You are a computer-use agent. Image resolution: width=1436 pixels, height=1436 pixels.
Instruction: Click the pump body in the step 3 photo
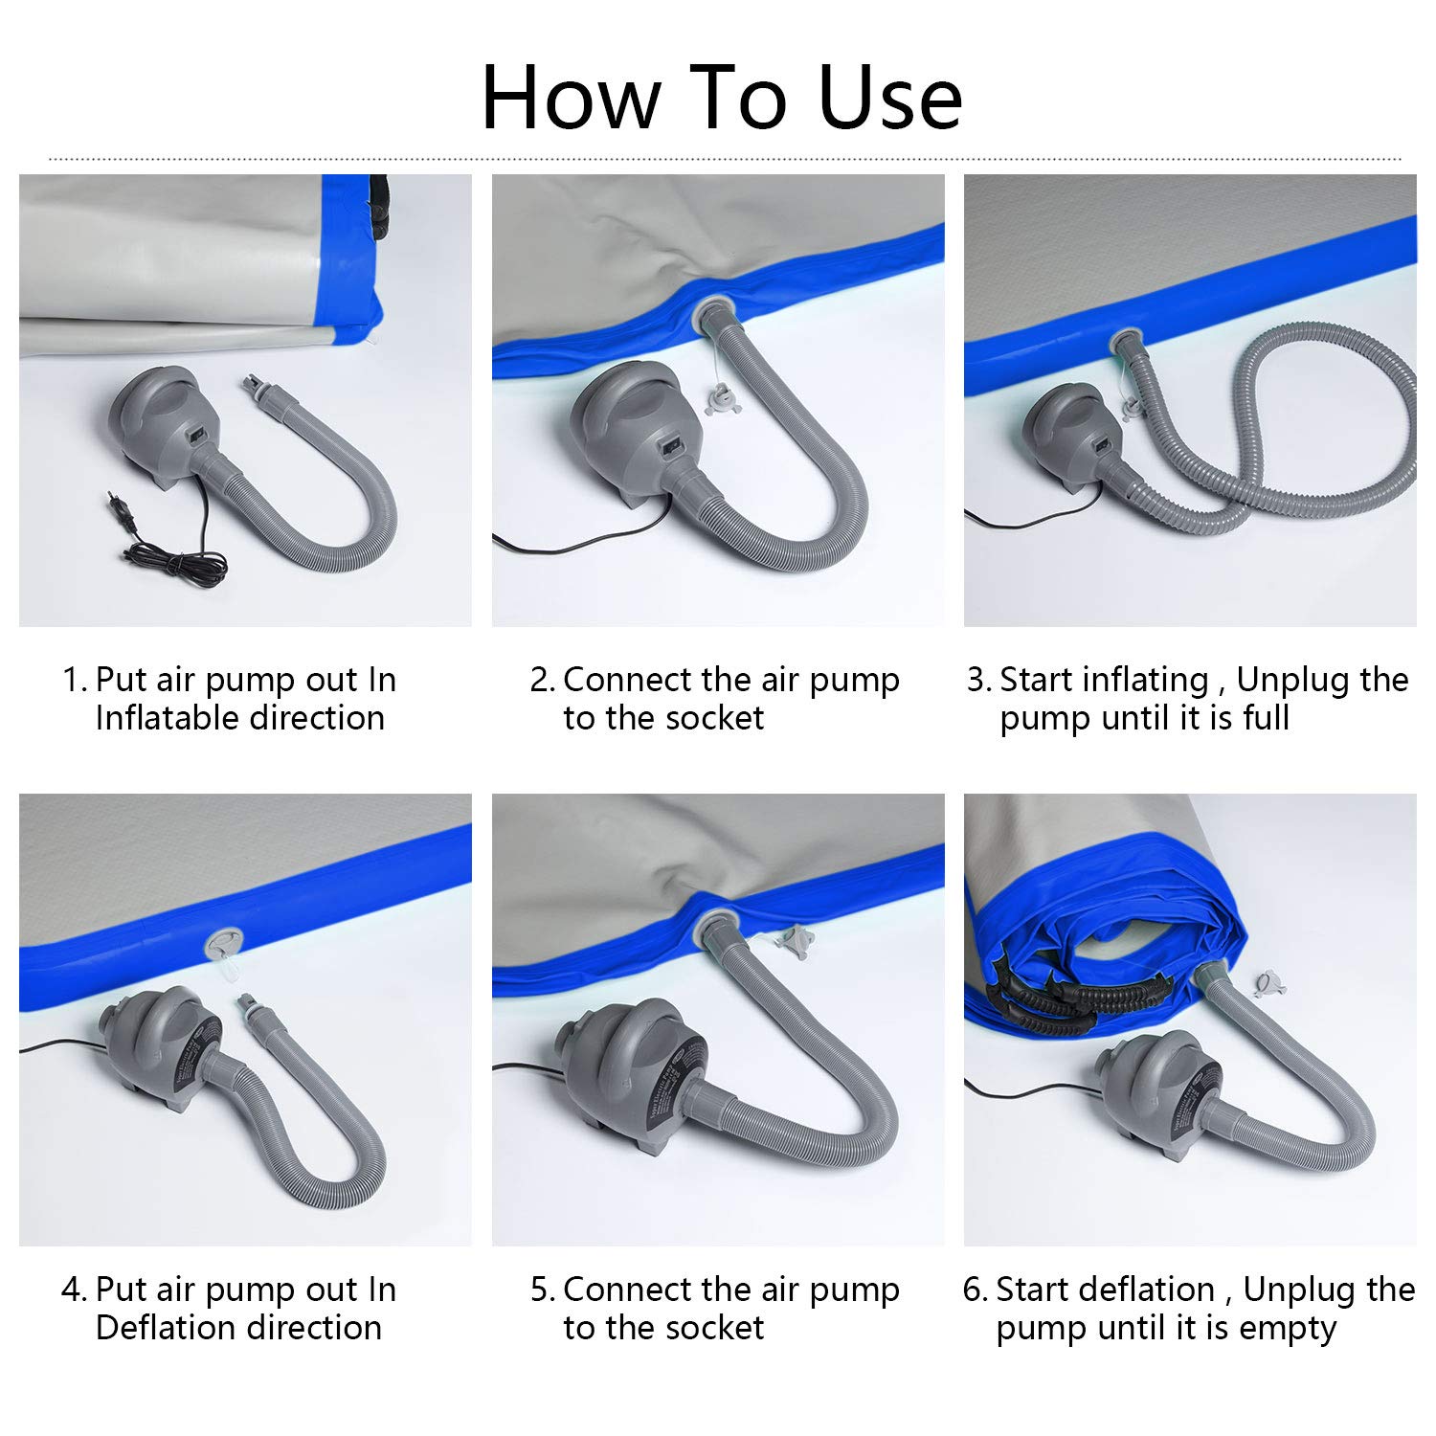(1078, 435)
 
